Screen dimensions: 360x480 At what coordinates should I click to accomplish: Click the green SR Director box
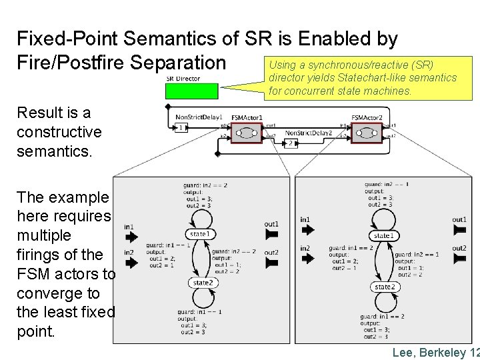(x=191, y=91)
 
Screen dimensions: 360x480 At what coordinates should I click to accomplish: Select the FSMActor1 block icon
(x=247, y=133)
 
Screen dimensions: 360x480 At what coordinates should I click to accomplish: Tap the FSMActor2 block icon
(x=367, y=133)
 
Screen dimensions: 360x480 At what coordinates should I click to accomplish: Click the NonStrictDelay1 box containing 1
(x=181, y=128)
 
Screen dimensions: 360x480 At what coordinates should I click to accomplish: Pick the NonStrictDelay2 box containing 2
(x=291, y=143)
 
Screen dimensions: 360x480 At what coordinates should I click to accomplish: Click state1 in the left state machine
(x=199, y=234)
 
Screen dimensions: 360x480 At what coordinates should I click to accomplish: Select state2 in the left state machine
(x=202, y=283)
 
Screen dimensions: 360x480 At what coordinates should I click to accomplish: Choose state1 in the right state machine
(x=383, y=236)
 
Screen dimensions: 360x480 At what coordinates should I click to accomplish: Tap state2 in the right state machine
(x=383, y=287)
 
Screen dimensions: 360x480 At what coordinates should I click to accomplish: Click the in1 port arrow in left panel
(x=131, y=237)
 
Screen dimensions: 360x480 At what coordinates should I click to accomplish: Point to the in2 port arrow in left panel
(x=131, y=262)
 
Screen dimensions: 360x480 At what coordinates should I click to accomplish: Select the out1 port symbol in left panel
(x=271, y=235)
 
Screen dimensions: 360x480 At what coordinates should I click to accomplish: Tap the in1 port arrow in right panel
(x=307, y=229)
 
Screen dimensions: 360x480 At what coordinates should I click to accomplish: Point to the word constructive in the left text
(x=59, y=132)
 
